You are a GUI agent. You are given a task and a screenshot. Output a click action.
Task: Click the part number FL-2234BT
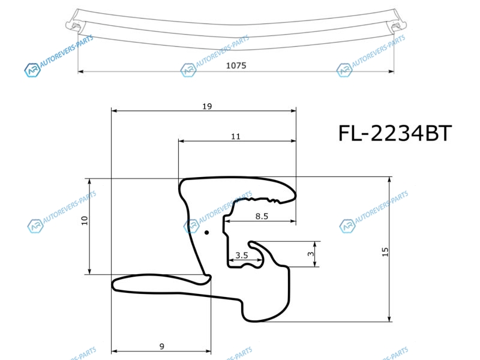395,133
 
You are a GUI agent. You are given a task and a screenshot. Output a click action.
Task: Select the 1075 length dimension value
236,65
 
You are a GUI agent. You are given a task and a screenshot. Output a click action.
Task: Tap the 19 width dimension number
207,106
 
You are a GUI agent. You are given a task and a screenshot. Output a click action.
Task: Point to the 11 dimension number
236,137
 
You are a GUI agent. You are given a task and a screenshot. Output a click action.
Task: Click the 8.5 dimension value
262,217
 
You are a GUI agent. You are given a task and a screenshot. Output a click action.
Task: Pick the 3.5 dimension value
242,255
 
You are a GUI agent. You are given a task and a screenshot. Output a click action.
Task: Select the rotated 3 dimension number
311,254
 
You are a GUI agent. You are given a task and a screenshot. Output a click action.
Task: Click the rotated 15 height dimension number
385,252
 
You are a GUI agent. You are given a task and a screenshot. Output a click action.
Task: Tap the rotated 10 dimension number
85,220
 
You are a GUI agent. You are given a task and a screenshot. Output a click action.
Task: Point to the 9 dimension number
162,346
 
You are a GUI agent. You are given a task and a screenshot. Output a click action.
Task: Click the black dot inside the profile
206,233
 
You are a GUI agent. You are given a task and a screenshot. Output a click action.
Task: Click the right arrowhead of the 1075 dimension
391,71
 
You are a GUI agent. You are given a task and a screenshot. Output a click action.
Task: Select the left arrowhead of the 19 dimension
115,110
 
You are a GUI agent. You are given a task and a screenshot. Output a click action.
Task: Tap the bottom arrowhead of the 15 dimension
389,319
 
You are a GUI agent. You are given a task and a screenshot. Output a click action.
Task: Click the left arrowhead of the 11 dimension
182,141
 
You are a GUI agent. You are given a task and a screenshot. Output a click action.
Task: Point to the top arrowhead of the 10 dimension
89,182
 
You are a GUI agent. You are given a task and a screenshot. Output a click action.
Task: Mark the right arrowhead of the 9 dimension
208,351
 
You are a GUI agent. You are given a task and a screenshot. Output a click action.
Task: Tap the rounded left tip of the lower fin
114,285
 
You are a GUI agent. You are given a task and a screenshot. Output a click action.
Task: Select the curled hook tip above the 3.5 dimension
251,244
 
